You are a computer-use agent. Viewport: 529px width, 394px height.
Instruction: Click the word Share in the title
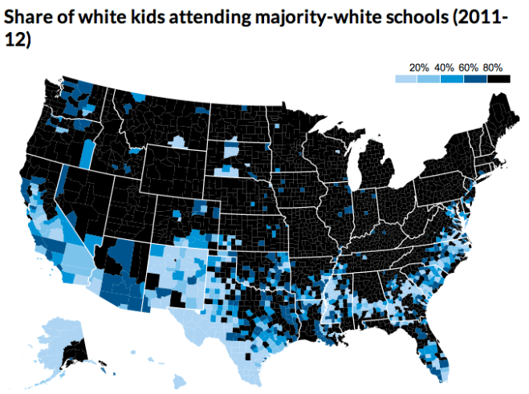[x=30, y=17]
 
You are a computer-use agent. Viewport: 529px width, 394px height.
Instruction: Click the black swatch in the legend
[x=499, y=79]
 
